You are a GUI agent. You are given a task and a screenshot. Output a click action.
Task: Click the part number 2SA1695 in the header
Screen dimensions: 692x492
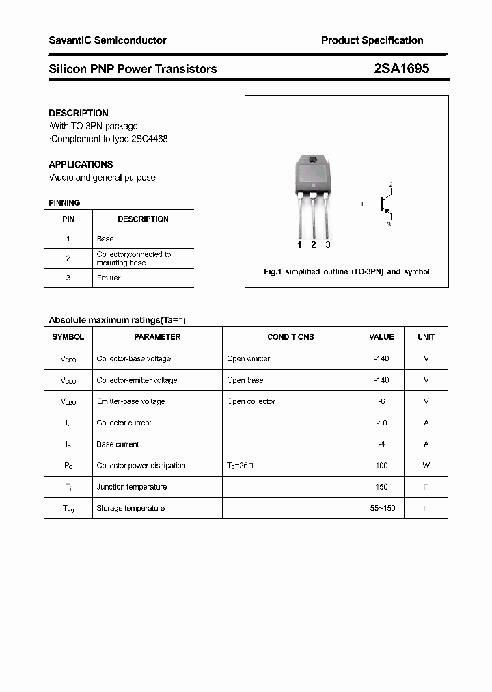401,69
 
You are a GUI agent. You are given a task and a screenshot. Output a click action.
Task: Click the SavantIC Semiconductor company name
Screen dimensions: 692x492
107,40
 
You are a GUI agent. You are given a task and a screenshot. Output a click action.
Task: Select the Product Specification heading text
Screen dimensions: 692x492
372,40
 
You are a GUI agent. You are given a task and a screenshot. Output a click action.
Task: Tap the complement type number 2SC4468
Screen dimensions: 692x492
150,139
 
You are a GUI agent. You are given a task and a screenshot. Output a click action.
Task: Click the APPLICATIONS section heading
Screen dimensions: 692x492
81,164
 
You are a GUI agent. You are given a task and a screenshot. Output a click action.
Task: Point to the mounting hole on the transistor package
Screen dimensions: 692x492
313,161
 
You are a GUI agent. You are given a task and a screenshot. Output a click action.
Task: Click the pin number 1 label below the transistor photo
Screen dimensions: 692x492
299,245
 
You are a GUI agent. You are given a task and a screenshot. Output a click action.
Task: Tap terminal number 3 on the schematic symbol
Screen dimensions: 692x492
389,224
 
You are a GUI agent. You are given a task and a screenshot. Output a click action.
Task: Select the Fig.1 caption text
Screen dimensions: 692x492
346,271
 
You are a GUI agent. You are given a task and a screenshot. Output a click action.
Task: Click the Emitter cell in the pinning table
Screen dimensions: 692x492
109,278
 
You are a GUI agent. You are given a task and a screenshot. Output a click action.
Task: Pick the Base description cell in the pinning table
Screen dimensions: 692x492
105,239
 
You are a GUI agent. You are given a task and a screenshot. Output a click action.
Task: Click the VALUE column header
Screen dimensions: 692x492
381,337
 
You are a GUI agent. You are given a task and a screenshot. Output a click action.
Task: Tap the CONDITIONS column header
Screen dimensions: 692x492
290,337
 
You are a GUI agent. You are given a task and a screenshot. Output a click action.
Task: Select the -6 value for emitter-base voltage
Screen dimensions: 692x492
381,401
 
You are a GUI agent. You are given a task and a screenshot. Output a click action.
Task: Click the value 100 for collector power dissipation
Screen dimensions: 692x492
381,466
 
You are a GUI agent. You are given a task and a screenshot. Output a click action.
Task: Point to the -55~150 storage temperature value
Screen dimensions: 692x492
381,508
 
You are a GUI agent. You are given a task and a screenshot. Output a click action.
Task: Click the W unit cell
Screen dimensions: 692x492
426,466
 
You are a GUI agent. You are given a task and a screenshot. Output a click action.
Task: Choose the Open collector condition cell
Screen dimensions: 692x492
251,401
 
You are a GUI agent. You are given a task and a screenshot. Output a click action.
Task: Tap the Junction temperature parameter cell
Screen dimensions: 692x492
131,487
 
